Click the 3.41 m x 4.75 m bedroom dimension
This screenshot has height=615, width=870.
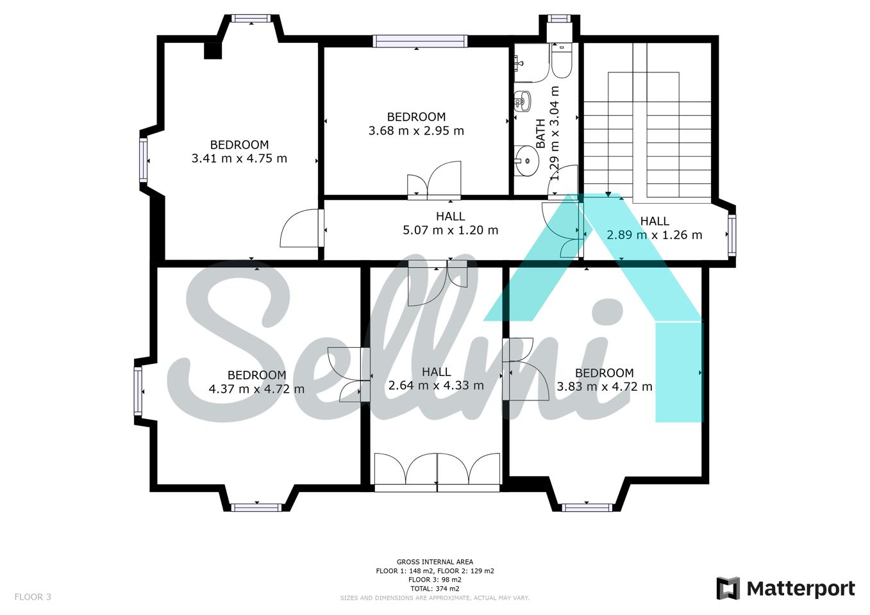click(x=239, y=158)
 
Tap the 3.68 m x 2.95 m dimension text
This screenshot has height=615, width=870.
click(x=416, y=131)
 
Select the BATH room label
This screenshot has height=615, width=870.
click(x=540, y=133)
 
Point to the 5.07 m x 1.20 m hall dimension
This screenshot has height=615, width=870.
click(x=450, y=230)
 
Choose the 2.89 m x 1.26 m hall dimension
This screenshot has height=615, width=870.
click(x=655, y=234)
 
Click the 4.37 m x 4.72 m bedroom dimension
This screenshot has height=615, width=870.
click(x=256, y=388)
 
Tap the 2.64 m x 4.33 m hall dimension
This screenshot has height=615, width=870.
click(x=436, y=385)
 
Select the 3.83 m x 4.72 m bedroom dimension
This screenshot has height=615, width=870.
click(x=605, y=386)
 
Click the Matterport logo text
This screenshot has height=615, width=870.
click(x=801, y=589)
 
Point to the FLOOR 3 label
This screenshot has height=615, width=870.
click(x=33, y=597)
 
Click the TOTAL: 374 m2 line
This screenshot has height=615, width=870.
click(x=435, y=588)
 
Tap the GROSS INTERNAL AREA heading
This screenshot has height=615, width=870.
click(x=435, y=561)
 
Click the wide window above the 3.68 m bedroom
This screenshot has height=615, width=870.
click(x=420, y=41)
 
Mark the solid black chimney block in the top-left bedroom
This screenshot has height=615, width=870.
click(x=213, y=51)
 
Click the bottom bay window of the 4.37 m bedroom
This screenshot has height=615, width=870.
click(x=256, y=507)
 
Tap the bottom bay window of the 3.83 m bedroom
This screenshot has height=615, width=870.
click(x=587, y=507)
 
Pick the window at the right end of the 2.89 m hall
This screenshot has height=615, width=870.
click(x=732, y=234)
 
